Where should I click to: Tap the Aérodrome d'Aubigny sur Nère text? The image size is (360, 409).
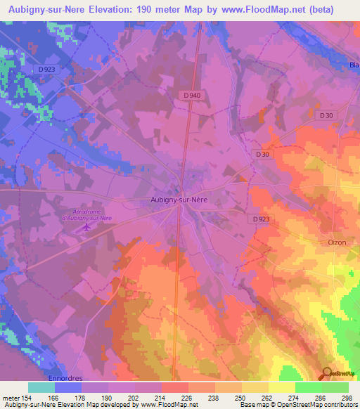coord(87,214)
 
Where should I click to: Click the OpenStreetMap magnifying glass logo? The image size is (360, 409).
coord(328,374)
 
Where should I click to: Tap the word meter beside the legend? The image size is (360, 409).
coord(11,397)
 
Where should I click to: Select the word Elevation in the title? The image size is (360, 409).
coord(117,10)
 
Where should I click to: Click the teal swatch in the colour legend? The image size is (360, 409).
coord(41,387)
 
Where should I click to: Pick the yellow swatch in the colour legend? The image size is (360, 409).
coord(281,387)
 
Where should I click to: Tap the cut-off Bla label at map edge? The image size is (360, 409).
coord(354,66)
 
